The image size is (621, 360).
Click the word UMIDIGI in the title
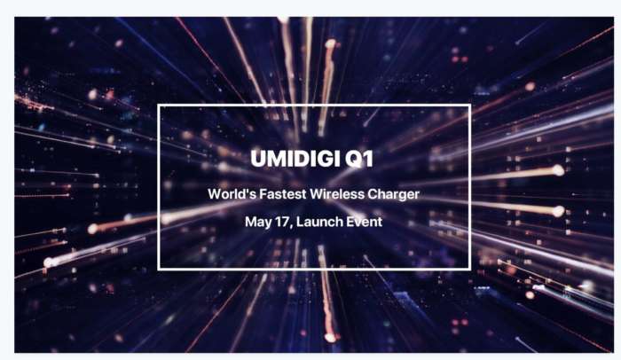(295, 159)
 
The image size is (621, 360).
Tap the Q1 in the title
(359, 159)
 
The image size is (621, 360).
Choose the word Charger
(394, 195)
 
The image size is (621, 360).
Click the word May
(258, 223)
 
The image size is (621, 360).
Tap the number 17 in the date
(282, 222)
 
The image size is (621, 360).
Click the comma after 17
(291, 227)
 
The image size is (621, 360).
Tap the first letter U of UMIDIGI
(258, 159)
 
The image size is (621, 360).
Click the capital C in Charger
(373, 194)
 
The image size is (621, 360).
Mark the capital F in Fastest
(263, 194)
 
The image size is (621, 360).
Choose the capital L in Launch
(300, 222)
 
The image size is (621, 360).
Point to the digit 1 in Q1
(369, 159)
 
